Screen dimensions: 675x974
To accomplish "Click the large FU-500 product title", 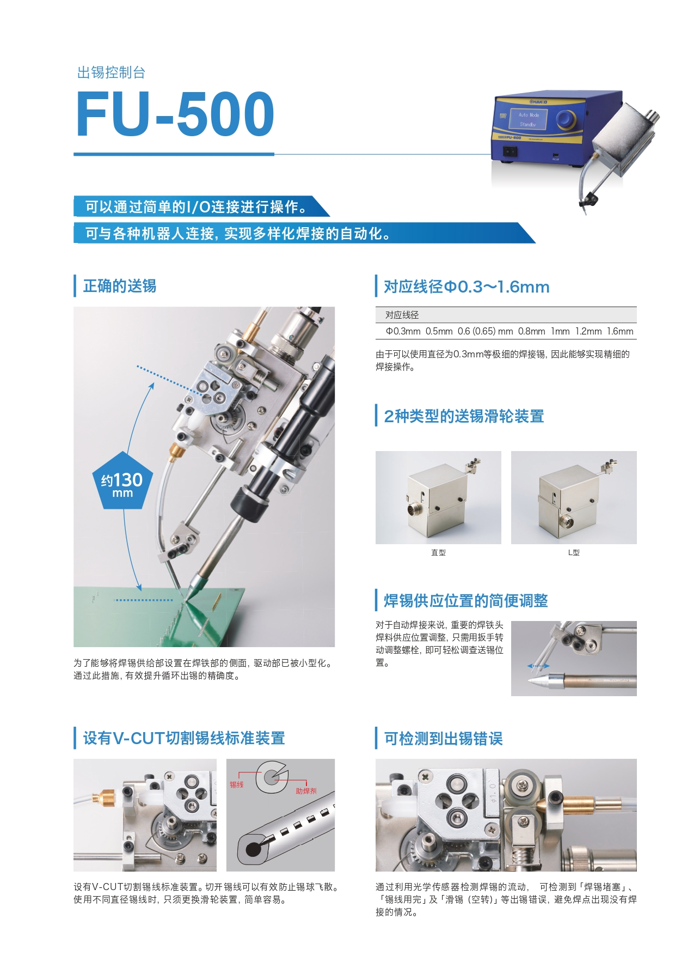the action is point(175,114).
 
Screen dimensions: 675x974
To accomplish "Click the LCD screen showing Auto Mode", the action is point(527,119).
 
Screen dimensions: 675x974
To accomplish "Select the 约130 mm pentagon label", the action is point(123,481).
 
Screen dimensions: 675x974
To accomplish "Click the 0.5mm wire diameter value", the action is point(439,331).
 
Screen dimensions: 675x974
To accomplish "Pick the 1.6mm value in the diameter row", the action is point(621,331).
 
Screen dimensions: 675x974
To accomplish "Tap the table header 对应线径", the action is point(402,315).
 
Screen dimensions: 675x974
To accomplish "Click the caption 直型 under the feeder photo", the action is point(438,552).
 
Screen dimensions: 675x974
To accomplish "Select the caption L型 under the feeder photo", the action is point(574,552).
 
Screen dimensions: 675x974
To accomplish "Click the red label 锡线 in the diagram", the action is point(237,784).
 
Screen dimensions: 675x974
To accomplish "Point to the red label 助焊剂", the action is point(306,791).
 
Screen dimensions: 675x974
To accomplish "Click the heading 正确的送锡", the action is point(120,286).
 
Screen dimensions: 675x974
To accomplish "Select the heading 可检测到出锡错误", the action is point(444,739).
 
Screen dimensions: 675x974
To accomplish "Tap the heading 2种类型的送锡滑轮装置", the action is point(464,416).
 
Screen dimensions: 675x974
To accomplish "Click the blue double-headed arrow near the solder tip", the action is point(538,666).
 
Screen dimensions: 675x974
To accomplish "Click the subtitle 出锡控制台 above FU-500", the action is point(112,72).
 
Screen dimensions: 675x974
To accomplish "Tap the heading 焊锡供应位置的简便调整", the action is point(466,601).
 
